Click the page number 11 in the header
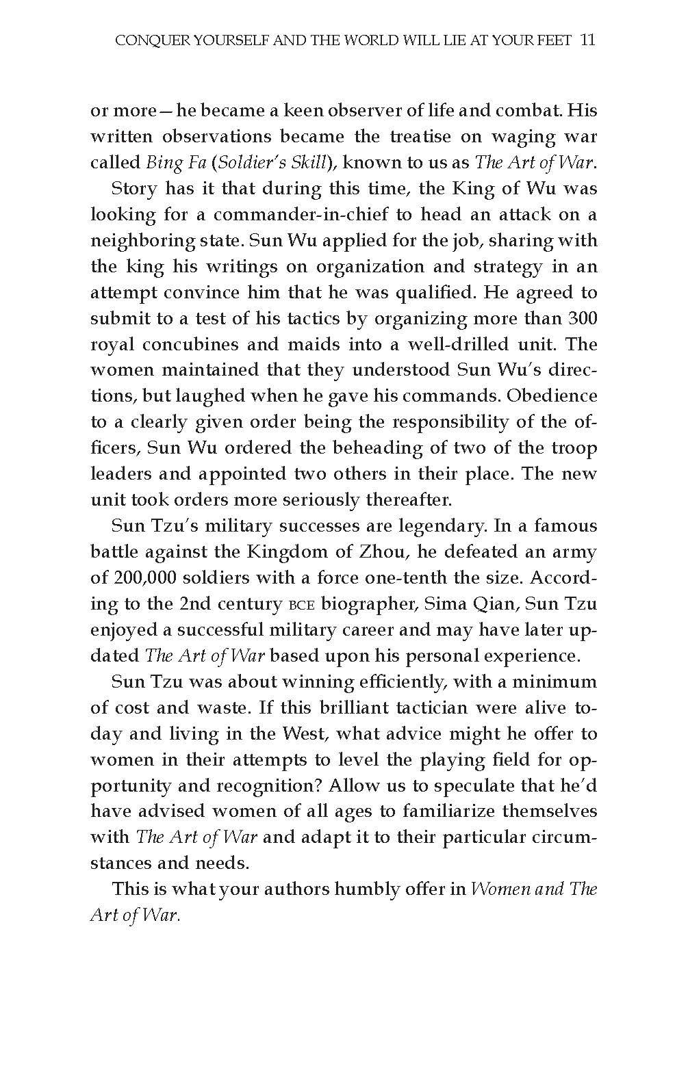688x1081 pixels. pos(587,40)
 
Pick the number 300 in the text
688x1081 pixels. pos(582,319)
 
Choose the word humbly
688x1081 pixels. pos(362,890)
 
